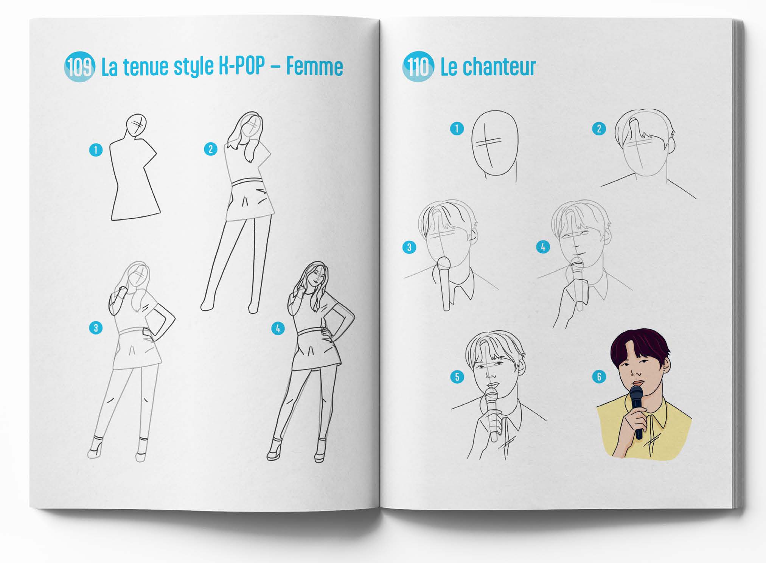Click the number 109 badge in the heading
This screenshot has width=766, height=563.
click(79, 67)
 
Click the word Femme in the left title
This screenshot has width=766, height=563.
click(314, 67)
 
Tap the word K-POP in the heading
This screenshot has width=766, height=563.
click(242, 66)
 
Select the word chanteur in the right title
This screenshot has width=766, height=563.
click(499, 67)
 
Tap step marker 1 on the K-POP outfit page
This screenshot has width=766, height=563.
click(96, 150)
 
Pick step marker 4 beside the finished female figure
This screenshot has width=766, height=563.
click(278, 328)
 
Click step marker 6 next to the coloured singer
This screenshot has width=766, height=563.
click(599, 376)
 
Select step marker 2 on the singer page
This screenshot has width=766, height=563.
click(599, 129)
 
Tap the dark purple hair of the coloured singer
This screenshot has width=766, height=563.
click(639, 344)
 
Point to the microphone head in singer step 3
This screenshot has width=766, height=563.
click(443, 263)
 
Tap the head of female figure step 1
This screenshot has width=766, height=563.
click(136, 124)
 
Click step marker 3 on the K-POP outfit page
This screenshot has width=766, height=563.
click(96, 328)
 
